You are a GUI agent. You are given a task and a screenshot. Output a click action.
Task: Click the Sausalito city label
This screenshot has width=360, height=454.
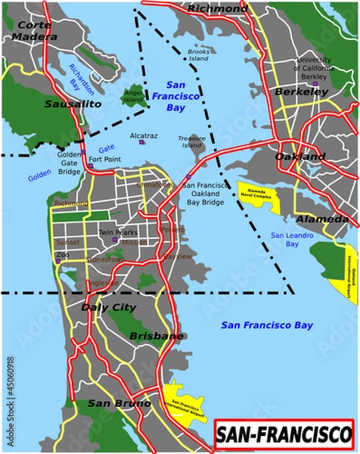coord(73,104)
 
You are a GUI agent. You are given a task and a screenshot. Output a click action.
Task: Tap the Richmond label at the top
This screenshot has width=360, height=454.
coord(217,8)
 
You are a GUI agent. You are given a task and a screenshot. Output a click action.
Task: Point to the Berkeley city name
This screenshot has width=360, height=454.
coord(301,92)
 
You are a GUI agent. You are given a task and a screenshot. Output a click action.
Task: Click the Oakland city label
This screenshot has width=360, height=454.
coord(299,157)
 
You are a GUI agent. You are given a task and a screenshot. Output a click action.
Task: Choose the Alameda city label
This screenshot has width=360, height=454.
coord(321,219)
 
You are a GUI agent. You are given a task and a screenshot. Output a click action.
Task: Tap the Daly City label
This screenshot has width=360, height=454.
coord(108,308)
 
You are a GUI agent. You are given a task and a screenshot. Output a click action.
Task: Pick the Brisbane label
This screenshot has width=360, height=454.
coord(157,335)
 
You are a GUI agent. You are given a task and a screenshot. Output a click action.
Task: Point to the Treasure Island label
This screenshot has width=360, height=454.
coord(191,141)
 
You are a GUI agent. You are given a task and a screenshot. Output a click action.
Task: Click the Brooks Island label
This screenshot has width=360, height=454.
coord(198,54)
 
